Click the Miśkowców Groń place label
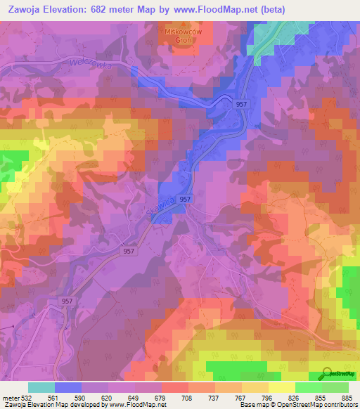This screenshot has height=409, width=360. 179,36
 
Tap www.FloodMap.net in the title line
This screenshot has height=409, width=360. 219,9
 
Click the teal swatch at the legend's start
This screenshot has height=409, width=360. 41,387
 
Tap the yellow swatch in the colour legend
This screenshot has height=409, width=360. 281,387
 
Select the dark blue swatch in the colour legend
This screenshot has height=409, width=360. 68,387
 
